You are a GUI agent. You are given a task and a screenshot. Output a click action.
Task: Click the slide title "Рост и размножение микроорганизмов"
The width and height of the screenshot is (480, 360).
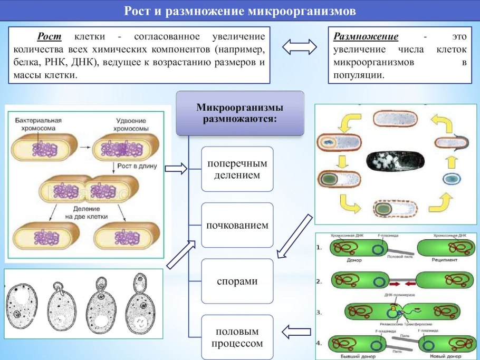pos(239,11)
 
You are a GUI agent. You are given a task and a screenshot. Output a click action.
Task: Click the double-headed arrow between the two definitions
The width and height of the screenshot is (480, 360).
pos(300,47)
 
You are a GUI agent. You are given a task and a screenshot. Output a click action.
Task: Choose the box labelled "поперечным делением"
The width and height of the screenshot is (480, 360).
pos(237,169)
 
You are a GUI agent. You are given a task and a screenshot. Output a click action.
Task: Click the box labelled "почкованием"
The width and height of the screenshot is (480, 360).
pos(237,225)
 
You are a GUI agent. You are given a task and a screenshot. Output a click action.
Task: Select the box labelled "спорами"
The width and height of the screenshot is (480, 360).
pos(237,281)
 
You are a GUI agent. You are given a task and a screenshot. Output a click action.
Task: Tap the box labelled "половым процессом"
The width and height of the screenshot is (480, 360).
pos(237,337)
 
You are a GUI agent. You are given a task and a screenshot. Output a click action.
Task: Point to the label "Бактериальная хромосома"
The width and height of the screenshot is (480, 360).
pos(38,124)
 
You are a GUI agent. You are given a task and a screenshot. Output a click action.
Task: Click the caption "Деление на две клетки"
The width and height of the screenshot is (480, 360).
pos(87,212)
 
